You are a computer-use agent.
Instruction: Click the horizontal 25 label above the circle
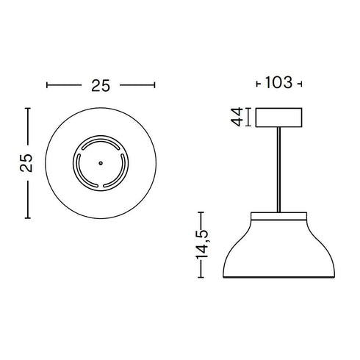click(101, 85)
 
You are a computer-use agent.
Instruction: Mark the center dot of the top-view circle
click(99, 163)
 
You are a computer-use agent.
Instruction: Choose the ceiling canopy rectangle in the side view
click(279, 117)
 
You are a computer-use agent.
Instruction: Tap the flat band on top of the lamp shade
click(279, 217)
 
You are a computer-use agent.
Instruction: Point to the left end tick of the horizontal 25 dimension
click(47, 85)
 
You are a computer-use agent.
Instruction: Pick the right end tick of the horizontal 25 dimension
click(156, 85)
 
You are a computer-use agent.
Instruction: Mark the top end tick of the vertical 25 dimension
click(27, 109)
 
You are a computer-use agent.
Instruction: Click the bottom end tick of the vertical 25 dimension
click(27, 218)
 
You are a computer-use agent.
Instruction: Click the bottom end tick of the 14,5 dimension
click(204, 278)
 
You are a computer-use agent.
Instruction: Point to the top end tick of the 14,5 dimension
click(204, 213)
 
